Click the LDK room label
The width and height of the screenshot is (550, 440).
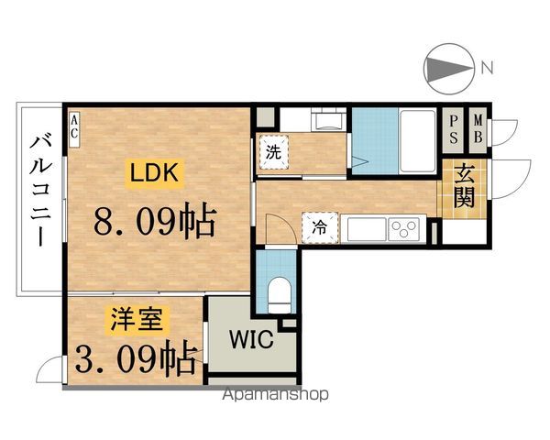[x=154, y=172]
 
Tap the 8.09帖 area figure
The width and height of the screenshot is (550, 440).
[x=154, y=218]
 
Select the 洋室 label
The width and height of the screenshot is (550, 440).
[x=137, y=319]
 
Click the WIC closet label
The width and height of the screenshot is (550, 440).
[x=251, y=339]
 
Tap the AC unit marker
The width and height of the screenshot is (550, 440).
[x=75, y=129]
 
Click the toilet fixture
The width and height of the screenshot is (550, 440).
[x=280, y=295]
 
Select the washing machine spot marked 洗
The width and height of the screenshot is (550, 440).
[x=273, y=153]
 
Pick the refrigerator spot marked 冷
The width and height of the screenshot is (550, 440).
[x=321, y=227]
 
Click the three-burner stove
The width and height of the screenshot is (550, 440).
[x=404, y=229]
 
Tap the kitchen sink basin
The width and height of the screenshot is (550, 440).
[x=367, y=229]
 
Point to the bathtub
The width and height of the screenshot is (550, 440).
[x=418, y=141]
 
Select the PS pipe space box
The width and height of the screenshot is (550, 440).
[x=453, y=130]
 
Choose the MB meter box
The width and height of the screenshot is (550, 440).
[x=478, y=130]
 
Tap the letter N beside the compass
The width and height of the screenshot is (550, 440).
[x=488, y=68]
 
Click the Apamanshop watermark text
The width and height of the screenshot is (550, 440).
[x=276, y=394]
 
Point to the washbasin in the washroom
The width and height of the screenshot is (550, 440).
[x=328, y=120]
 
